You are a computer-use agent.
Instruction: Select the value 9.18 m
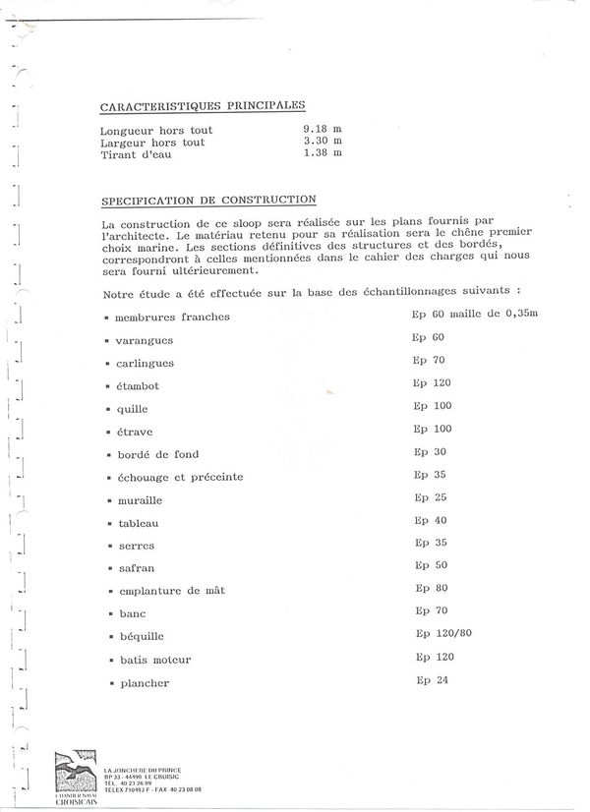click(x=323, y=129)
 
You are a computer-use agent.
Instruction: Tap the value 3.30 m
click(x=323, y=142)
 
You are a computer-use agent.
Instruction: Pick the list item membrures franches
click(x=172, y=318)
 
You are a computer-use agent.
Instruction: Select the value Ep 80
click(x=431, y=588)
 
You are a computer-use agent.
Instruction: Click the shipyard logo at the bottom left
click(x=77, y=778)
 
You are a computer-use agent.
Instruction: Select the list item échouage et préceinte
click(x=179, y=478)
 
